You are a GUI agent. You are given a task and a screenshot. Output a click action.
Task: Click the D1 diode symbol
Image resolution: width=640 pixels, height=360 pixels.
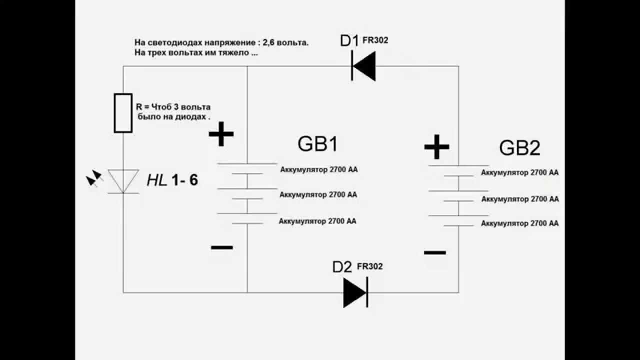tap(363, 65)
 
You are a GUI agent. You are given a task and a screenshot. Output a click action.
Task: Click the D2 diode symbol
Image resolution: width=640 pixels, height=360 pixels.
tap(355, 292)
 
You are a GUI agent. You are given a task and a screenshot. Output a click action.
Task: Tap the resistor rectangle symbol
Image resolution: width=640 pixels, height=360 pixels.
tap(123, 113)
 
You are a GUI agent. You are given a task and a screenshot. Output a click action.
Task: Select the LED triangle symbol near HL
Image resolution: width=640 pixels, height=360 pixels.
tap(123, 180)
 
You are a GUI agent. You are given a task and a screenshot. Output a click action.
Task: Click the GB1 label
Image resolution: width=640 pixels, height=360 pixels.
tap(317, 144)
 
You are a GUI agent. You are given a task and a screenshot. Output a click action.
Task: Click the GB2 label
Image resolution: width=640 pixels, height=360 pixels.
tap(519, 148)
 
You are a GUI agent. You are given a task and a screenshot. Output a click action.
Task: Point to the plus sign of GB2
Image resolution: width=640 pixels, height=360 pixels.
tap(436, 146)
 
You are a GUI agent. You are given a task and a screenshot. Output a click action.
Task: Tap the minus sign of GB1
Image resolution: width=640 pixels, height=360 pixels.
tap(221, 247)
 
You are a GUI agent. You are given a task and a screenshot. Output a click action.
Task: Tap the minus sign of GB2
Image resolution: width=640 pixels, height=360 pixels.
tap(434, 252)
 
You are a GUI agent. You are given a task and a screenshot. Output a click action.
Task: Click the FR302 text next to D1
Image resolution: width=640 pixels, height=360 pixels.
tap(375, 40)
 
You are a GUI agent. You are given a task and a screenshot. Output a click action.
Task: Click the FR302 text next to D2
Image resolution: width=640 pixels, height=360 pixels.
tap(370, 266)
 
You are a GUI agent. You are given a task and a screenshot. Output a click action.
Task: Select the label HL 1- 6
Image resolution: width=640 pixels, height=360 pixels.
tap(172, 180)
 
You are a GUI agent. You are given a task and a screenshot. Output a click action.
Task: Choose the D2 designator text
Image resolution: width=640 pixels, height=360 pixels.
tap(342, 267)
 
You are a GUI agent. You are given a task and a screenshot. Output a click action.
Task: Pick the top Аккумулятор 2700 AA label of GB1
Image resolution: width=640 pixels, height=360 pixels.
tap(318, 169)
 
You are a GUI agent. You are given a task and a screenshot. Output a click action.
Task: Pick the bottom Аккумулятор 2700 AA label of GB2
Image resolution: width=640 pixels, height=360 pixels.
tap(519, 223)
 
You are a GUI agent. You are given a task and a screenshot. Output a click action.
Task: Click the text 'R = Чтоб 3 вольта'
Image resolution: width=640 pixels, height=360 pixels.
tap(173, 107)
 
